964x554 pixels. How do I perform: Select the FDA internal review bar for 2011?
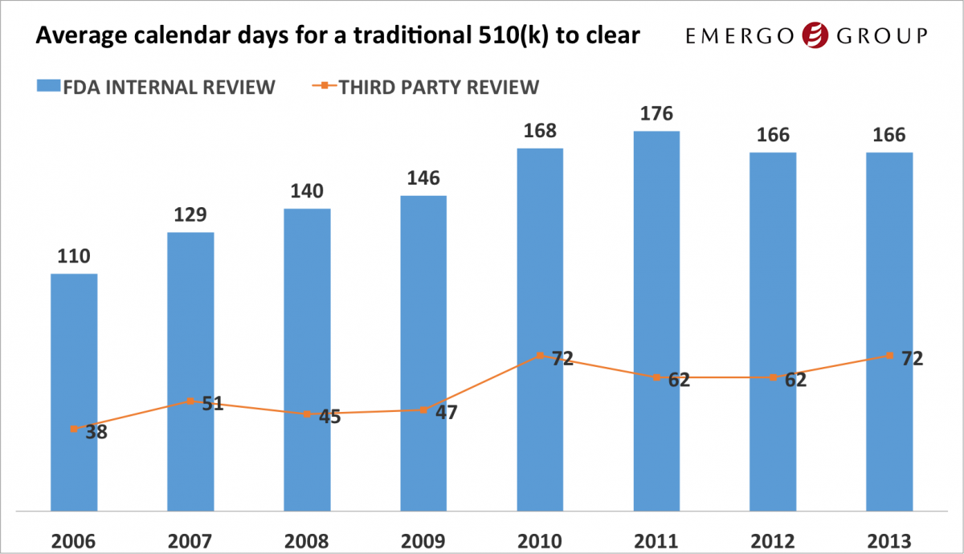click(656, 320)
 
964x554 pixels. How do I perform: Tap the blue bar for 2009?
click(423, 352)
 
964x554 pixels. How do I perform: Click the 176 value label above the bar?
click(656, 113)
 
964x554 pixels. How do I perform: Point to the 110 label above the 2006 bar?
click(73, 257)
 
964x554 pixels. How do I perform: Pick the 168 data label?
click(540, 130)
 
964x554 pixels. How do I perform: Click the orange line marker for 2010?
click(540, 356)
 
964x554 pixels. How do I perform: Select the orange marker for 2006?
click(74, 429)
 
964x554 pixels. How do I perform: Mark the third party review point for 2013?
click(889, 356)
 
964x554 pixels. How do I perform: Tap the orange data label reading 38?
click(96, 432)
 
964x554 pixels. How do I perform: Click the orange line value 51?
click(212, 404)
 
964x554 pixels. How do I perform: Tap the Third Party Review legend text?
click(439, 87)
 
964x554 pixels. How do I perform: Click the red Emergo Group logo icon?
click(815, 35)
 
